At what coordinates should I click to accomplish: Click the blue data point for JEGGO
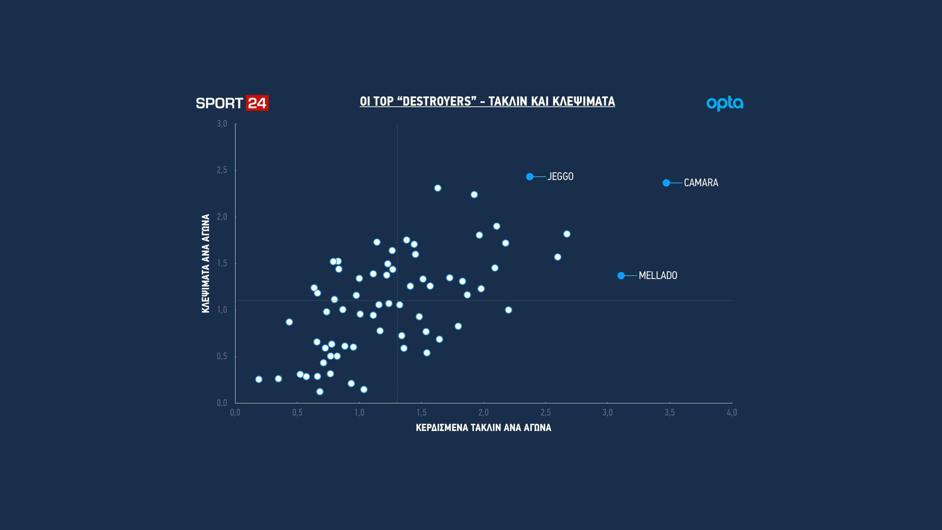pos(530,177)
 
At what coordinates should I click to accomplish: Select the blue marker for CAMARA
pos(666,183)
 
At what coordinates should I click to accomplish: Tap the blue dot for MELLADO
pos(621,276)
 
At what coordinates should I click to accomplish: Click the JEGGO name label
pos(560,177)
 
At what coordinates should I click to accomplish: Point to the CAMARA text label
pos(701,183)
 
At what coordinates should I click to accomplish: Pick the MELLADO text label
pos(658,276)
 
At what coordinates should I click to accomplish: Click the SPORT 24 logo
pos(232,103)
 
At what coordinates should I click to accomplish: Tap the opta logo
pos(725,103)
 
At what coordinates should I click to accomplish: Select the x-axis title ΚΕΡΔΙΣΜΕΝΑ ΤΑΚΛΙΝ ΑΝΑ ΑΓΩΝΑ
pos(484,428)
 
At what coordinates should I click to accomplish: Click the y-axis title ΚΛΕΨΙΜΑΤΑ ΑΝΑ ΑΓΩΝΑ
pos(206,264)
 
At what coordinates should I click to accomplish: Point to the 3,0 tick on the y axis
pos(222,124)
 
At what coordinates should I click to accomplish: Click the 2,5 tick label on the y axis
pos(222,170)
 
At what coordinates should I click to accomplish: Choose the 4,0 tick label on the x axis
pos(732,413)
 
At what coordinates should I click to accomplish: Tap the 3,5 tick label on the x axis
pos(670,413)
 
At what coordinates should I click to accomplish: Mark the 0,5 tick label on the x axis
pos(297,413)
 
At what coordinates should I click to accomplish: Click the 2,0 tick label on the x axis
pos(484,413)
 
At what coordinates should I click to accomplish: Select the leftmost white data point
pos(259,379)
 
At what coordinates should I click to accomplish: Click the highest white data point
pos(438,188)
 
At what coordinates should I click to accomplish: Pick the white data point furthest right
pos(567,234)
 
